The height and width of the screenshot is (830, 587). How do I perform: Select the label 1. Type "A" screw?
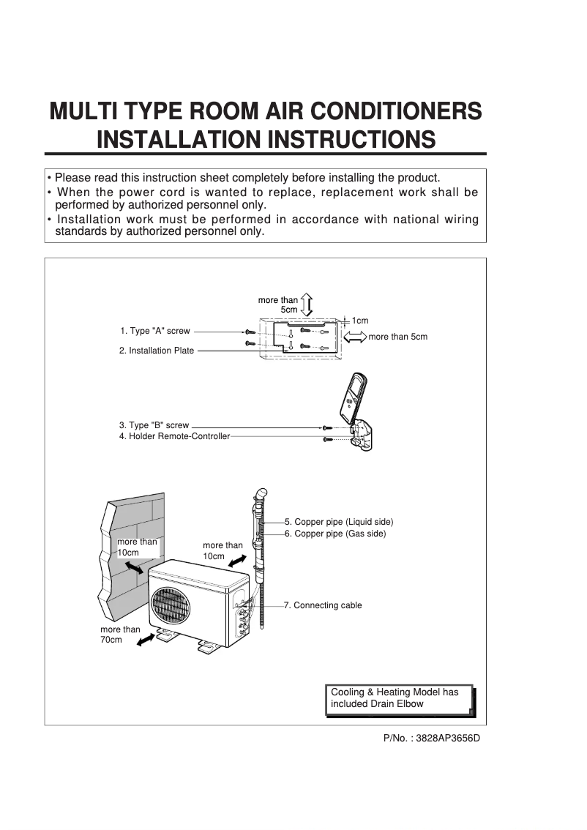tap(154, 332)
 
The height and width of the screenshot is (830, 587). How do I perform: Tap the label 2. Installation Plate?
tap(157, 351)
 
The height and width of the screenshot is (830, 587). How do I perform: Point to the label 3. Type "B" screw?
tap(154, 425)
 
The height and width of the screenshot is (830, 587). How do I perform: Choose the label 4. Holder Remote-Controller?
tap(174, 436)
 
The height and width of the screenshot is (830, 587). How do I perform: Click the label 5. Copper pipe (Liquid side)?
tap(339, 522)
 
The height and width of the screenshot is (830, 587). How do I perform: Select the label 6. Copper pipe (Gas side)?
tap(335, 534)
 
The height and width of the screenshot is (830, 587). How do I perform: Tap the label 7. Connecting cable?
tap(323, 605)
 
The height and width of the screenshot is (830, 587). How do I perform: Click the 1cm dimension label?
tap(359, 321)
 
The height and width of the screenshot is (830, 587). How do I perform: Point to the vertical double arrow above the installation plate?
tap(307, 304)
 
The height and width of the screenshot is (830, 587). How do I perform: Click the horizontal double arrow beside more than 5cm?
tap(354, 337)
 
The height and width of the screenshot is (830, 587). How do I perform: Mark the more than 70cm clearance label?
tap(120, 634)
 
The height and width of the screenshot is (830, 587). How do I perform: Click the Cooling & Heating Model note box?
tap(398, 698)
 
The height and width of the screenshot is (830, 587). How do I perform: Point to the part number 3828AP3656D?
tap(431, 738)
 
